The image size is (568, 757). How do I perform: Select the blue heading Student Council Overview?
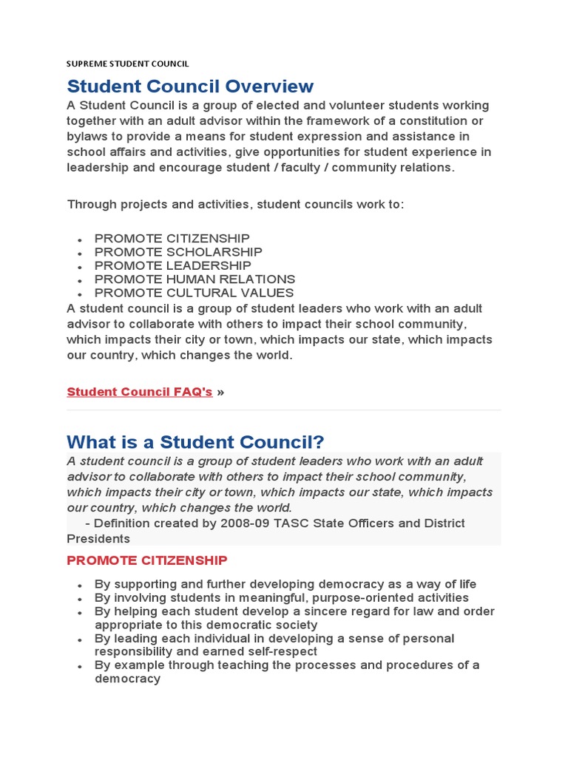pyautogui.click(x=190, y=86)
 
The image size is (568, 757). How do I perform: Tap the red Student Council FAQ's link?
pyautogui.click(x=140, y=392)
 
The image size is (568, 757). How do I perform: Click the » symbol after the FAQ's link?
pyautogui.click(x=220, y=392)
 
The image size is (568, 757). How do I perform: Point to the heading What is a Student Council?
pyautogui.click(x=195, y=442)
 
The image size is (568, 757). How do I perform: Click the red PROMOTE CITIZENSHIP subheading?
pyautogui.click(x=147, y=560)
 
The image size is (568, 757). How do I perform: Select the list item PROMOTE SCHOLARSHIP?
pyautogui.click(x=178, y=252)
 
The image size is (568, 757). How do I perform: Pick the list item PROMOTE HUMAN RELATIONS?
pyautogui.click(x=195, y=279)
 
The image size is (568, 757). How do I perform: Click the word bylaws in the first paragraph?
pyautogui.click(x=87, y=137)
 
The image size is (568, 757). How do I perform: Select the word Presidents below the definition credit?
pyautogui.click(x=98, y=539)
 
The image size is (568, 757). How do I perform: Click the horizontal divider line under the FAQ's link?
pyautogui.click(x=284, y=410)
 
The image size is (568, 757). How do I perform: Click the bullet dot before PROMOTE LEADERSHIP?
pyautogui.click(x=79, y=267)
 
